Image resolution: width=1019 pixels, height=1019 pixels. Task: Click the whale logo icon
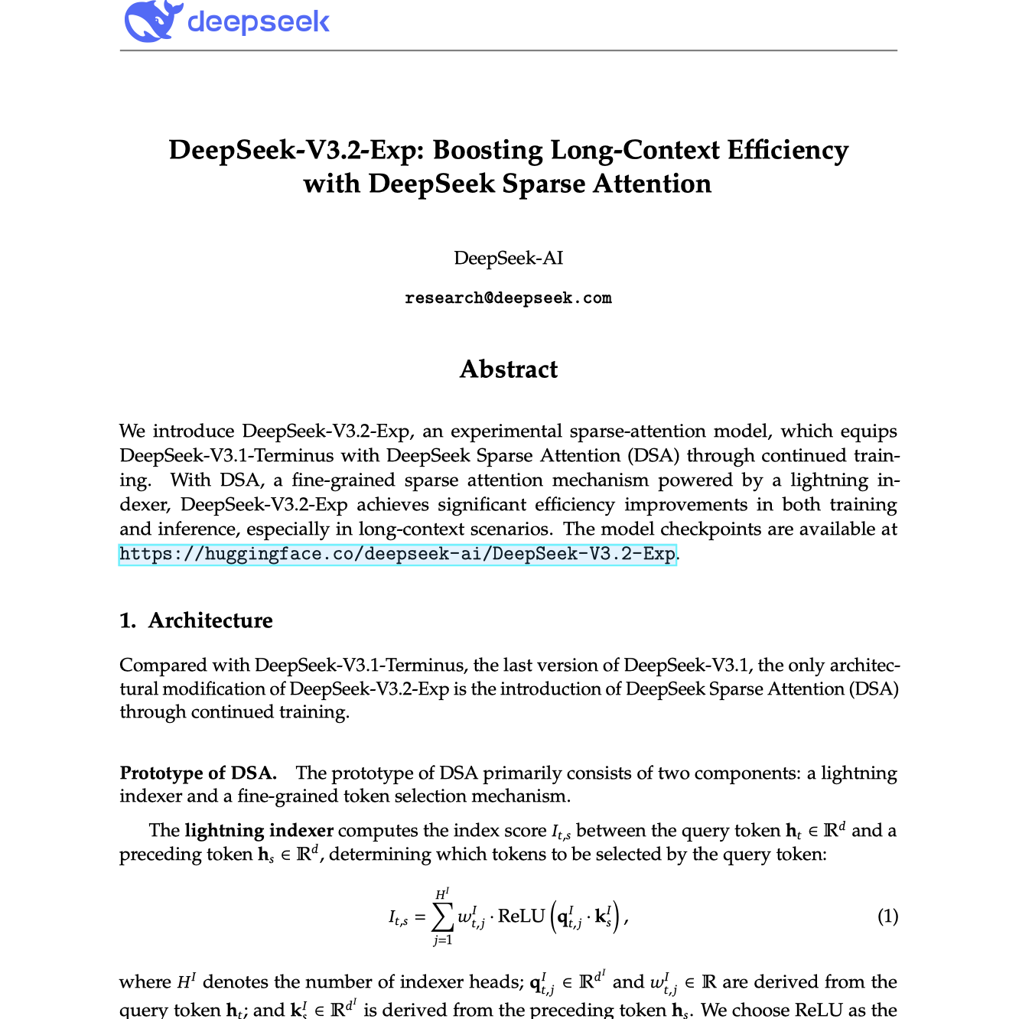(x=152, y=21)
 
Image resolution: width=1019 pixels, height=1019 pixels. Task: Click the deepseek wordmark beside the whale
(x=259, y=21)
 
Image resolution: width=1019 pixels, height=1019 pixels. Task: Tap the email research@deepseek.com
(x=508, y=298)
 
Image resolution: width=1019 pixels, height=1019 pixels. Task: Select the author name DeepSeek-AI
(x=508, y=258)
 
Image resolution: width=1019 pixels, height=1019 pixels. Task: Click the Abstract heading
(x=508, y=370)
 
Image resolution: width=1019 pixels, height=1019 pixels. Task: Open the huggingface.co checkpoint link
(x=398, y=554)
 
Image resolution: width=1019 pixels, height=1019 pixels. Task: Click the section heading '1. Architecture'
(x=196, y=620)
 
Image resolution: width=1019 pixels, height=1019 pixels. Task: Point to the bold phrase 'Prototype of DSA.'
(x=198, y=773)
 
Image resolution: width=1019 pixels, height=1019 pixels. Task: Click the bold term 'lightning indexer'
(x=259, y=831)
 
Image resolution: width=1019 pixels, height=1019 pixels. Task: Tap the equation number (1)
(x=887, y=916)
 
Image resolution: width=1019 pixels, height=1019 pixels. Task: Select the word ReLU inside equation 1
(x=521, y=916)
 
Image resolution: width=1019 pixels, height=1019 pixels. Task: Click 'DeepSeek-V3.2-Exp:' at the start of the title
(x=296, y=150)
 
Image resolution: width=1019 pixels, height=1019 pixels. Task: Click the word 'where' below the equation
(x=145, y=982)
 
